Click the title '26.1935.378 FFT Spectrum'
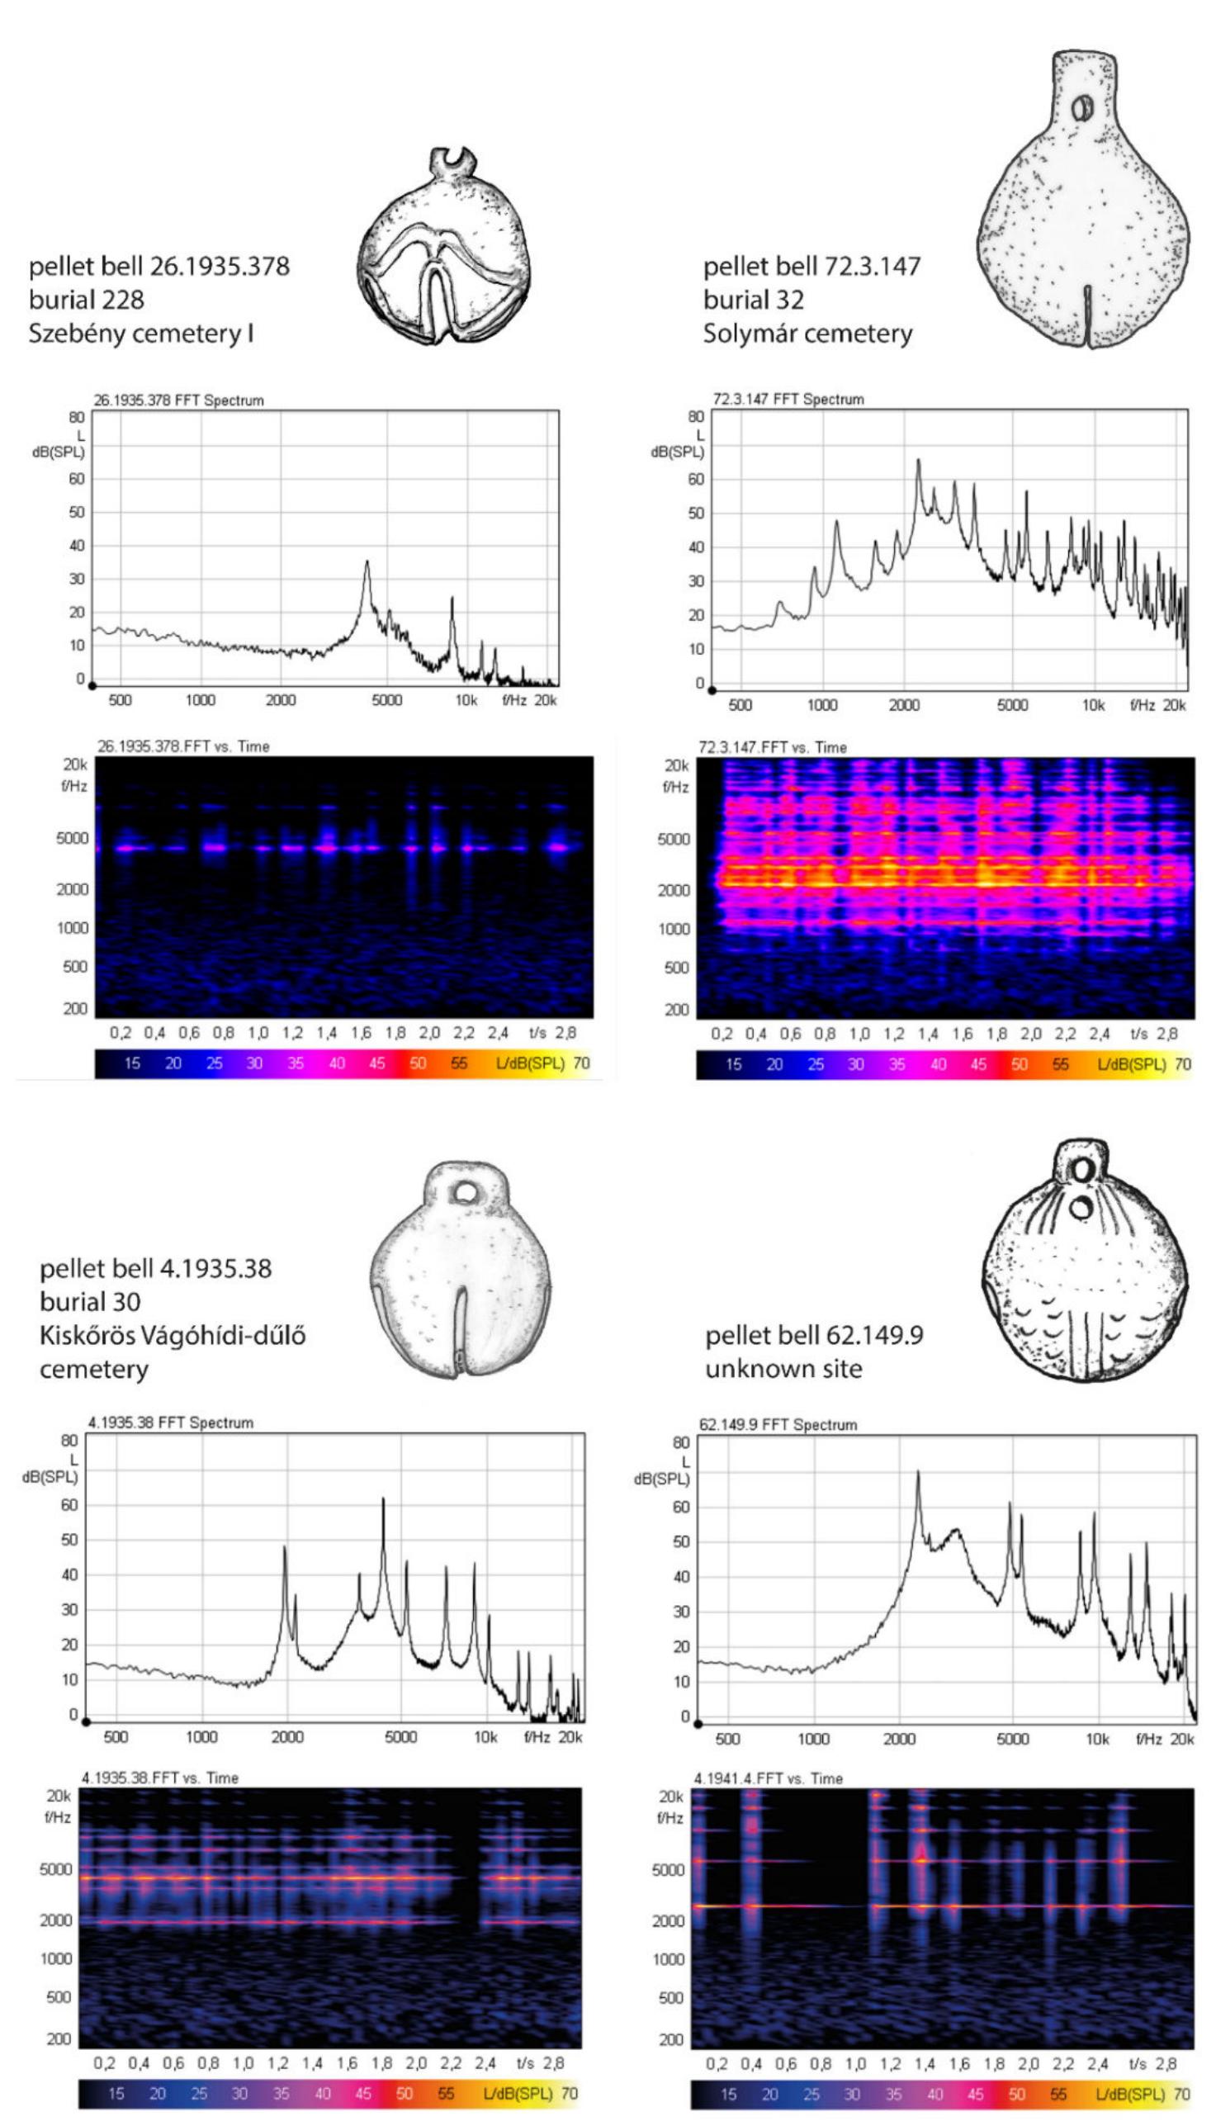[x=177, y=400]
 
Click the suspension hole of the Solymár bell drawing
[x=1082, y=107]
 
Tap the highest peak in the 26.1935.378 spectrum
[x=366, y=563]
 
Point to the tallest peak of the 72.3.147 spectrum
[x=918, y=461]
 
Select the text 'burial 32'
[x=753, y=300]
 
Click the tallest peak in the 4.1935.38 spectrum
[x=383, y=1498]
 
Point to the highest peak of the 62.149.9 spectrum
[x=917, y=1473]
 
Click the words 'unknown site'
[x=783, y=1369]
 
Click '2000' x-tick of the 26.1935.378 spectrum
[x=280, y=700]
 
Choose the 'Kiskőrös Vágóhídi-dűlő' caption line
[x=172, y=1335]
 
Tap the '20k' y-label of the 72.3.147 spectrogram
[x=675, y=765]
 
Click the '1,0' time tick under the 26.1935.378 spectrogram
[x=258, y=1033]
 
